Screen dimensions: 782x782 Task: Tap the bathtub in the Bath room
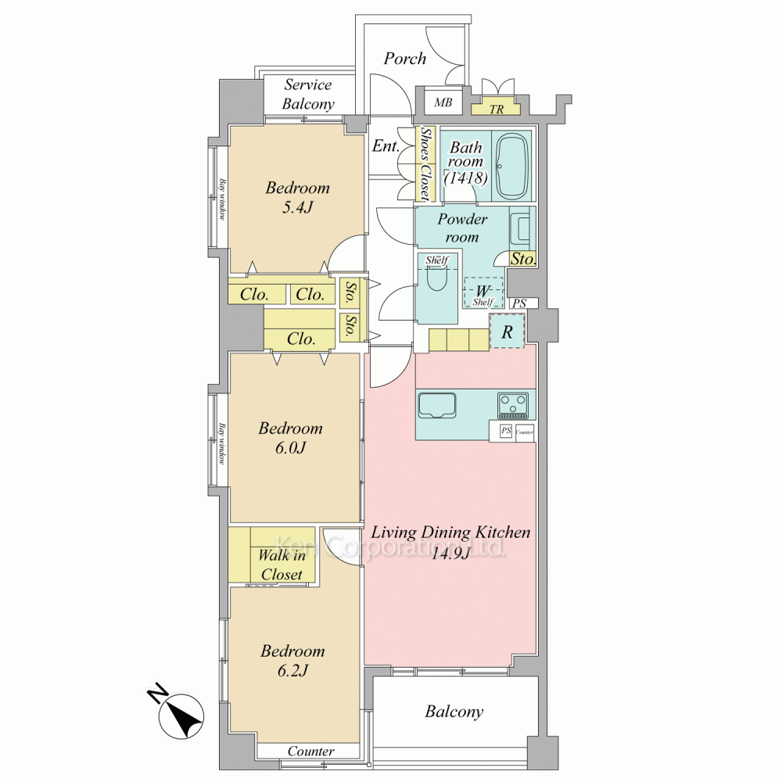[x=513, y=167]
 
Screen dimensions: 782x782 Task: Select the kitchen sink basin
[x=437, y=405]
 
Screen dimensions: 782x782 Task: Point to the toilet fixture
[x=437, y=279]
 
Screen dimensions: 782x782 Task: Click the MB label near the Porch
[x=443, y=102]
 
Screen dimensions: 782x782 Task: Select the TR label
[x=497, y=109]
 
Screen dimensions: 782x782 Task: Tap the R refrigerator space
[x=508, y=331]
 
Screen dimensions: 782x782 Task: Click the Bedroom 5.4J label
[x=298, y=197]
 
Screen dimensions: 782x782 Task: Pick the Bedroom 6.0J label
[x=290, y=437]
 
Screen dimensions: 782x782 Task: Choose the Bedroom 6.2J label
[x=292, y=660]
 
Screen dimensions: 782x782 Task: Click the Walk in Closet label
[x=282, y=565]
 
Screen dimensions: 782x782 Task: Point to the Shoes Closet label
[x=425, y=164]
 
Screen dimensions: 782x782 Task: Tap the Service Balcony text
[x=308, y=95]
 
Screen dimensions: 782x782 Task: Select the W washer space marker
[x=482, y=292]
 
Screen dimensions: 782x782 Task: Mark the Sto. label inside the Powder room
[x=523, y=259]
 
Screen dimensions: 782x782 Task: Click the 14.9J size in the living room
[x=450, y=553]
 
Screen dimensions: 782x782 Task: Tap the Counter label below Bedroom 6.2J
[x=310, y=751]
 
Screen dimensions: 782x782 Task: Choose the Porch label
[x=405, y=59]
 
